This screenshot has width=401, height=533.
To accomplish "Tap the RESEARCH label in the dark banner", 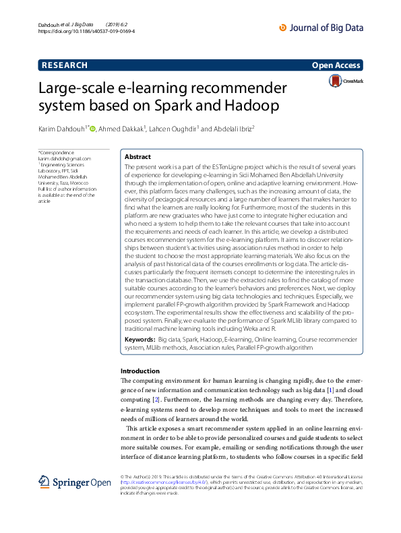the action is tap(65, 65).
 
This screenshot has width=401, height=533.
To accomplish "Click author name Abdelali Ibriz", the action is tap(233, 129).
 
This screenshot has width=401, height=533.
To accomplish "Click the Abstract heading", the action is tap(138, 156).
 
